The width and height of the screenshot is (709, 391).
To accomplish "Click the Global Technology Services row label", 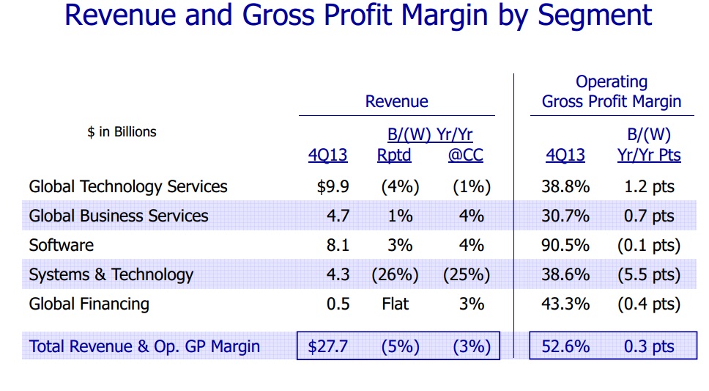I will pyautogui.click(x=128, y=186).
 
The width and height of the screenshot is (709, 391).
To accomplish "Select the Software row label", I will pyautogui.click(x=62, y=245).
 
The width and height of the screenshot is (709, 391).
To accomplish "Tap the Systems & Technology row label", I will pyautogui.click(x=111, y=274).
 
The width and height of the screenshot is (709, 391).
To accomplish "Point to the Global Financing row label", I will pyautogui.click(x=89, y=304).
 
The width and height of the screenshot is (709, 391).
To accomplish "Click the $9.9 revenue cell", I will pyautogui.click(x=333, y=186).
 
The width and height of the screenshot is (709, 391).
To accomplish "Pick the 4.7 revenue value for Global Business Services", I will pyautogui.click(x=338, y=216).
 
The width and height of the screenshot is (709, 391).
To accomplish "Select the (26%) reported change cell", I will pyautogui.click(x=395, y=274).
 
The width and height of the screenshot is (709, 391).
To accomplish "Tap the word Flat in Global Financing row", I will pyautogui.click(x=395, y=304).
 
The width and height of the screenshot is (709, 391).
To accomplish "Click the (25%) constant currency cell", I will pyautogui.click(x=467, y=274).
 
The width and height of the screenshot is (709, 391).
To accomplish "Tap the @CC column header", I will pyautogui.click(x=466, y=156).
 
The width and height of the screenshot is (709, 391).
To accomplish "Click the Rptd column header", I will pyautogui.click(x=394, y=156).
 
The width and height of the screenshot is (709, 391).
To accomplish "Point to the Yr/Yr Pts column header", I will pyautogui.click(x=648, y=156).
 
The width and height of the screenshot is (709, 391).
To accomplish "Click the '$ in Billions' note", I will pyautogui.click(x=122, y=132).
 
